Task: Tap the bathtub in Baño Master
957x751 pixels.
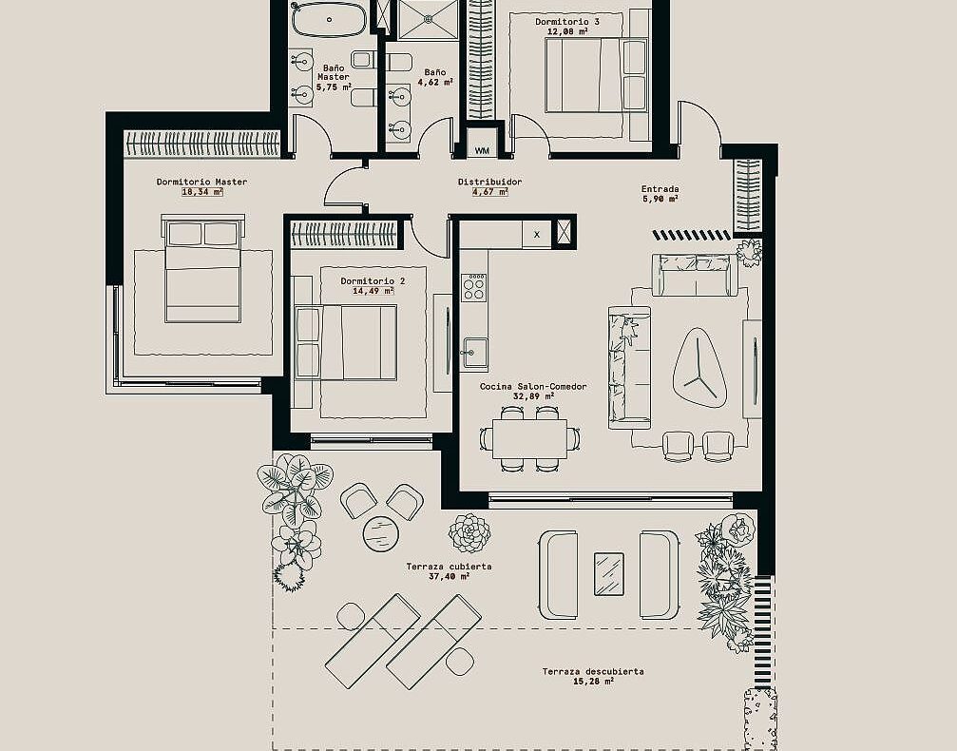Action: point(329,20)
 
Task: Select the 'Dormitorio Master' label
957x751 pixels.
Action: point(202,182)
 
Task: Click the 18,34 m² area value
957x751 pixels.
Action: point(202,192)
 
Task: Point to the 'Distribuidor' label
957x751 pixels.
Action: point(490,182)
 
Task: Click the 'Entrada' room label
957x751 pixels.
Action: point(660,188)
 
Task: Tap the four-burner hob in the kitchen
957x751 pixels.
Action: point(473,287)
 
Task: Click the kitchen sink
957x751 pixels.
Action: point(474,353)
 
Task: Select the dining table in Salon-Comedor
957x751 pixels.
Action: point(529,438)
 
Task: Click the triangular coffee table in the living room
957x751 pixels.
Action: point(699,368)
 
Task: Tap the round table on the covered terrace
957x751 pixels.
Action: point(381,533)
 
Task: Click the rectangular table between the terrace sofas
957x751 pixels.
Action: point(609,574)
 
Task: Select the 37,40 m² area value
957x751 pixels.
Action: point(450,576)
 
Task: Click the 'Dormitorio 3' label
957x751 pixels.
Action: point(567,21)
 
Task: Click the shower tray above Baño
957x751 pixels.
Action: point(428,20)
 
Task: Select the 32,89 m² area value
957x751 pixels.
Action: point(534,396)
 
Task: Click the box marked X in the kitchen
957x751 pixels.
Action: point(537,234)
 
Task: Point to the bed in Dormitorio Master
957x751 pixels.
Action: point(203,268)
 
